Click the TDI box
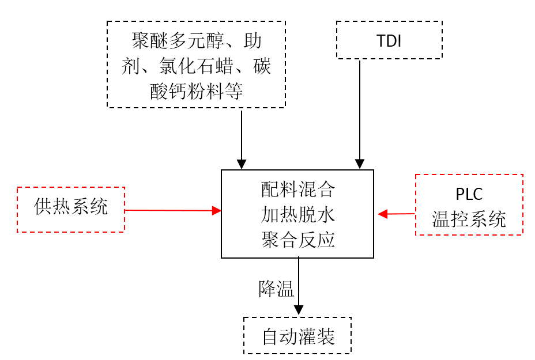coord(389,40)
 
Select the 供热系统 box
coord(71,209)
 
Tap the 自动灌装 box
coord(297,336)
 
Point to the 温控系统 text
coord(469,219)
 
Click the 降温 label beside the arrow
coord(276,288)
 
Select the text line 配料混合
coord(297,189)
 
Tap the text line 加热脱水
coord(297,214)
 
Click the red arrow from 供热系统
coord(173,211)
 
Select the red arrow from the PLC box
coord(397,214)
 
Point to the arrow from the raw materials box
coord(242,138)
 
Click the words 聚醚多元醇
coord(180,41)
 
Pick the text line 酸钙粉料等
coord(197,91)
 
